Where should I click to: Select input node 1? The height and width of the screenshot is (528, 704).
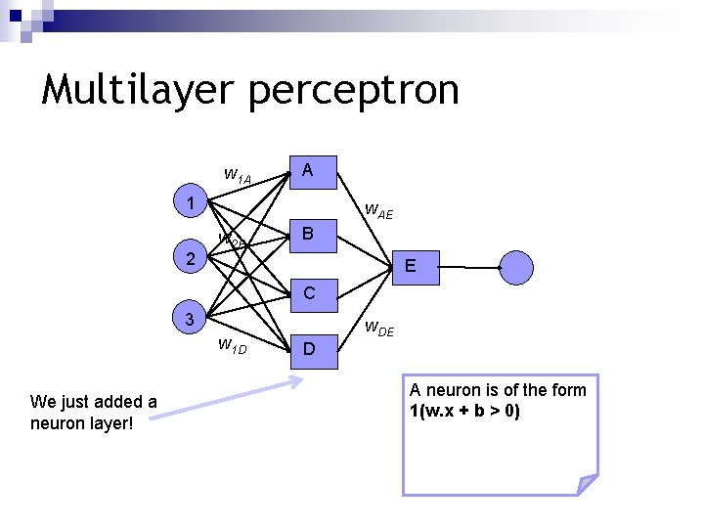pyautogui.click(x=192, y=203)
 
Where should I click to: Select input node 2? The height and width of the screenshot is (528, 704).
pyautogui.click(x=192, y=259)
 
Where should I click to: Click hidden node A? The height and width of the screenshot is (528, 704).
pyautogui.click(x=308, y=171)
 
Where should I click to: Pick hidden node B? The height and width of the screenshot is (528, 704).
pyautogui.click(x=308, y=234)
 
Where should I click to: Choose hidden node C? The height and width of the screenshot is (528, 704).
pyautogui.click(x=308, y=292)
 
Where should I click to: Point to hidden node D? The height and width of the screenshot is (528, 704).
pyautogui.click(x=308, y=348)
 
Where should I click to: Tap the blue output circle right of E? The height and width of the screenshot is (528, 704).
pyautogui.click(x=516, y=266)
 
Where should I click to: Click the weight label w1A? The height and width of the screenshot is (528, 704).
pyautogui.click(x=238, y=176)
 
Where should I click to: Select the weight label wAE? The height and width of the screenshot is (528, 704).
pyautogui.click(x=378, y=210)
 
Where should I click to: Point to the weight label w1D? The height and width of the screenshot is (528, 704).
pyautogui.click(x=232, y=345)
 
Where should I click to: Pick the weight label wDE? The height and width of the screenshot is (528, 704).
pyautogui.click(x=379, y=330)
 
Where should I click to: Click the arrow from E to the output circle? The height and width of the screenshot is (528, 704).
pyautogui.click(x=479, y=266)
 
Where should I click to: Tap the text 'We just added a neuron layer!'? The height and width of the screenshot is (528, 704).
pyautogui.click(x=94, y=411)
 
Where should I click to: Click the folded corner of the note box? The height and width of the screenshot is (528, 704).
pyautogui.click(x=587, y=483)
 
